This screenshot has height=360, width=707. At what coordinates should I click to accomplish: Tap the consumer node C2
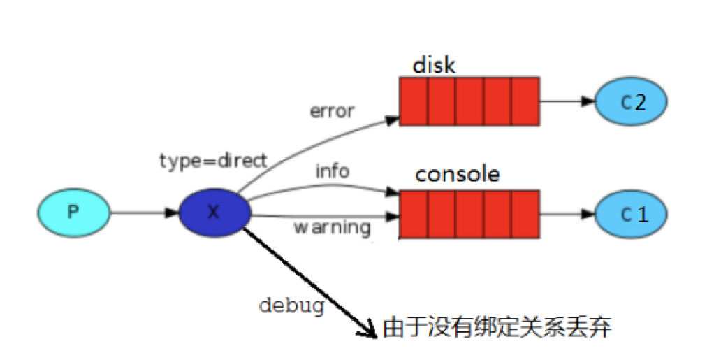click(x=631, y=101)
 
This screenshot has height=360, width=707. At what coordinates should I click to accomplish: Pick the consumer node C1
click(x=631, y=213)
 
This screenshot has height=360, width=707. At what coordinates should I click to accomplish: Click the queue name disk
click(x=434, y=65)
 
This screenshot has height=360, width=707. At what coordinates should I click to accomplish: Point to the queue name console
click(x=458, y=174)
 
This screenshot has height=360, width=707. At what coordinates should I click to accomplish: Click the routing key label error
click(x=334, y=110)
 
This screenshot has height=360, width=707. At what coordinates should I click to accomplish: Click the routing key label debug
click(x=292, y=305)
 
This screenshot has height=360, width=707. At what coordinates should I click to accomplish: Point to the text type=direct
click(x=213, y=161)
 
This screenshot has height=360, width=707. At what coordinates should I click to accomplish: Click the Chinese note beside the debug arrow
click(x=497, y=328)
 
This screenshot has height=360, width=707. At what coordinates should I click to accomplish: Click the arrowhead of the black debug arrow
click(x=370, y=330)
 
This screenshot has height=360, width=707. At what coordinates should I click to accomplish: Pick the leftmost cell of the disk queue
click(x=414, y=101)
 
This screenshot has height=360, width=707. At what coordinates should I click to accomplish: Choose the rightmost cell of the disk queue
click(x=525, y=101)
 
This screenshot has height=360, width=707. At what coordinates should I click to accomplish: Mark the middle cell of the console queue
click(x=469, y=213)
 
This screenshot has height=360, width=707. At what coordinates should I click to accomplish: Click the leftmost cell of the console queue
click(x=414, y=213)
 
